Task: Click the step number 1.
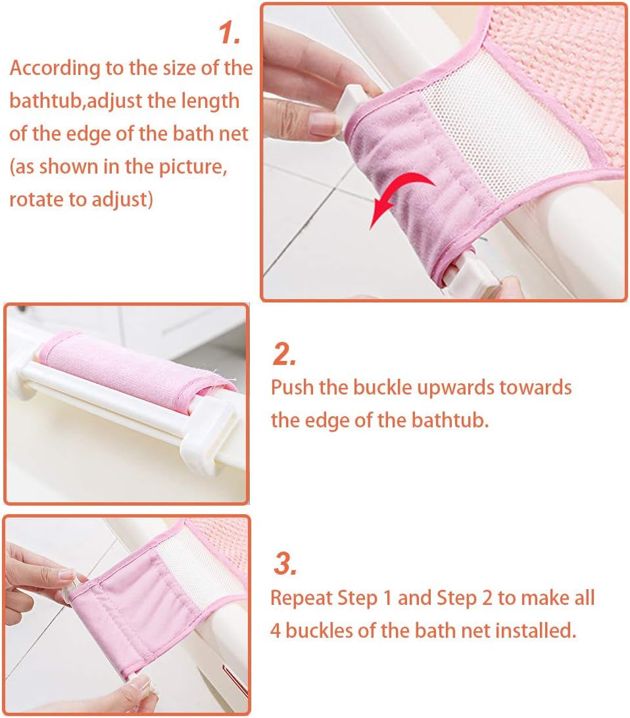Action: point(230,33)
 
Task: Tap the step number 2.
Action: point(284,354)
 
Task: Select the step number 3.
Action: point(285,563)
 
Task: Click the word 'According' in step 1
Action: point(55,68)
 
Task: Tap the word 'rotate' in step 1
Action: point(36,200)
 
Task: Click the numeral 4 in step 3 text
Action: point(275,631)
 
